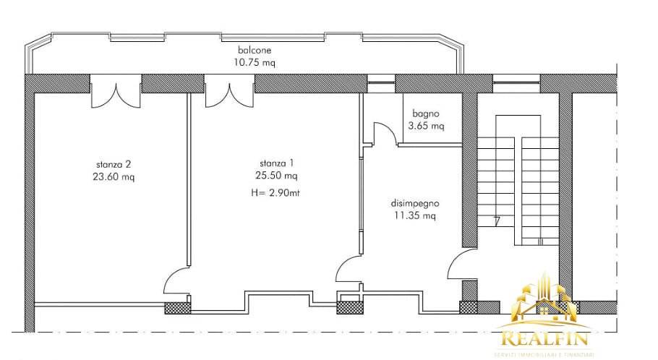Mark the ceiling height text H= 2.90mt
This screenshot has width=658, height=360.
click(x=278, y=193)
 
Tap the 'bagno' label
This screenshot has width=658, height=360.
click(x=426, y=113)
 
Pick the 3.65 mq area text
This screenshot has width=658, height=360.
click(x=426, y=126)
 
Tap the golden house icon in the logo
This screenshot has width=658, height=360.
click(x=542, y=304)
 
